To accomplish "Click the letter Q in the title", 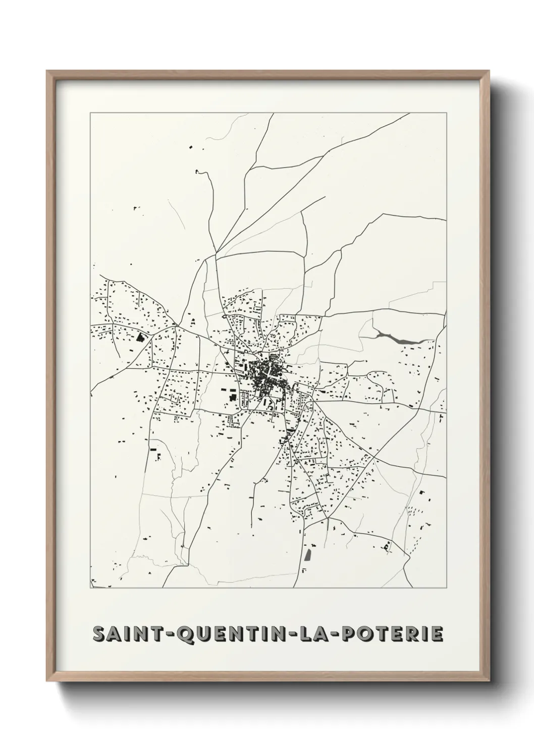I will [188, 634].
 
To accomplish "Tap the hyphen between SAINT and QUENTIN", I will [172, 634].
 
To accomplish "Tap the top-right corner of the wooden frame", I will [488, 72].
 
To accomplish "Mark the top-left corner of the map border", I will [90, 113].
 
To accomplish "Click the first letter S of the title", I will [99, 634].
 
